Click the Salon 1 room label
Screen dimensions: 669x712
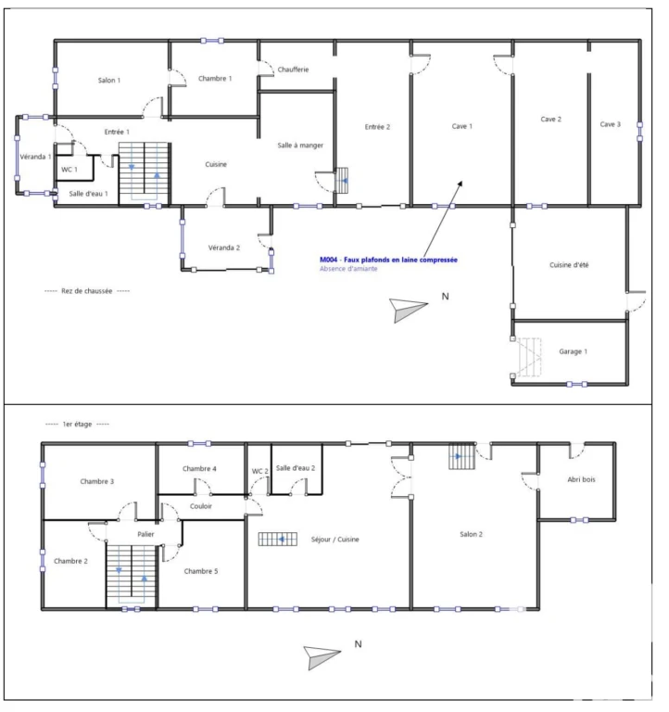tap(109, 81)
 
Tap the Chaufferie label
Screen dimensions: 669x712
tap(293, 70)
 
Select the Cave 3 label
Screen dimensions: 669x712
tap(610, 124)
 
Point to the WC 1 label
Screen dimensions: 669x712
tap(69, 170)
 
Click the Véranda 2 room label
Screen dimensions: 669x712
tap(224, 248)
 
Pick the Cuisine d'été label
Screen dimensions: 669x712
tap(569, 265)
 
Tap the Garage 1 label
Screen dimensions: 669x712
tap(574, 351)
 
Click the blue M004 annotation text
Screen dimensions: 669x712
tap(388, 260)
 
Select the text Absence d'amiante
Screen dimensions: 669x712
tap(348, 269)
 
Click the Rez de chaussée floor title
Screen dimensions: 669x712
tap(87, 291)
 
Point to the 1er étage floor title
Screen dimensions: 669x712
tap(77, 424)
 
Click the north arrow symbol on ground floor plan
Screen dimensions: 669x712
tap(408, 311)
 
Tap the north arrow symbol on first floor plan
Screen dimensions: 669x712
tap(322, 657)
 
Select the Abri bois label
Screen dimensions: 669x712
tap(581, 479)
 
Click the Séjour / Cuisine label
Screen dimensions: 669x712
tap(334, 540)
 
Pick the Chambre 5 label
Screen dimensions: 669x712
tap(201, 571)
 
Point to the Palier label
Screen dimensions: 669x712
tap(145, 534)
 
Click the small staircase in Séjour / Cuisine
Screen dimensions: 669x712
tap(278, 539)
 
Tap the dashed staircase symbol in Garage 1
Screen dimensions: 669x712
tap(530, 357)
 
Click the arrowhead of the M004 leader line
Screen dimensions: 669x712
tap(461, 183)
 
